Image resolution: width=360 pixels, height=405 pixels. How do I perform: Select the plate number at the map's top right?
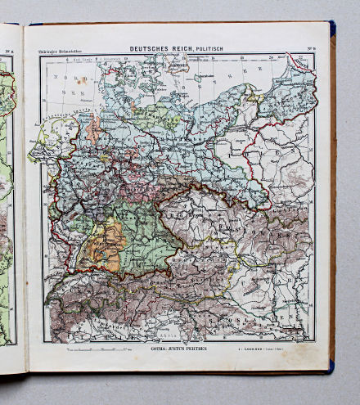click(309, 49)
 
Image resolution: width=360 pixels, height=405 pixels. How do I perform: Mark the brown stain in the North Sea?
click(82, 80)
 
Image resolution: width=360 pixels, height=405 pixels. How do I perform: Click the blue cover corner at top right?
click(332, 29)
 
